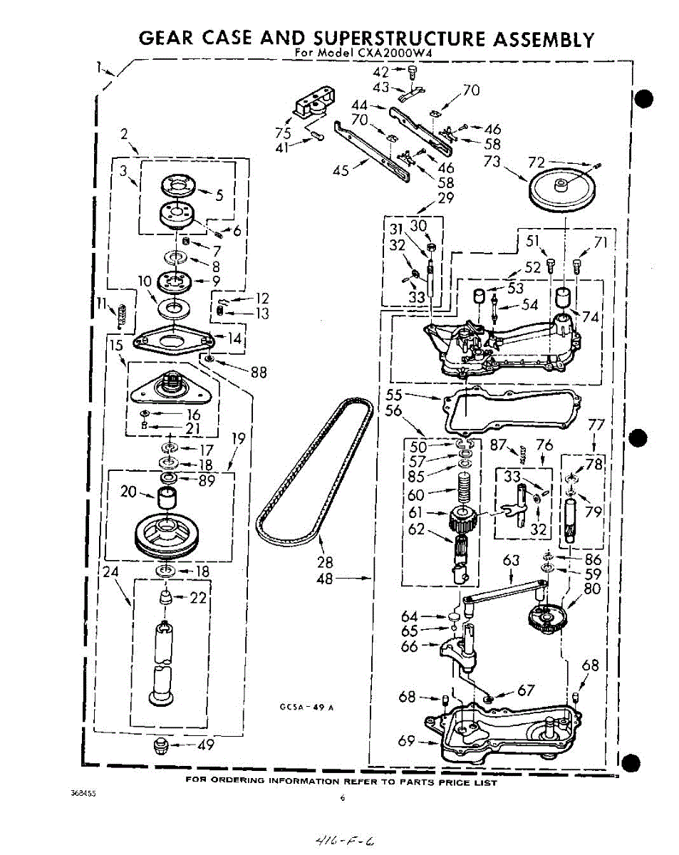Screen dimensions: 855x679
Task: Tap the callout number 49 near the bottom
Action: pyautogui.click(x=206, y=746)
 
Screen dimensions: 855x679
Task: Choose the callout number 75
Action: pyautogui.click(x=283, y=133)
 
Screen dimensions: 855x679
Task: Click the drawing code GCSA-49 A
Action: pyautogui.click(x=306, y=708)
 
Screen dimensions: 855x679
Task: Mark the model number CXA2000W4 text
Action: pyautogui.click(x=392, y=53)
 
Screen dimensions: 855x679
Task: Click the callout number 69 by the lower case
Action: pyautogui.click(x=406, y=742)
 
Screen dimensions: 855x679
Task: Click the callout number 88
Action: pyautogui.click(x=259, y=371)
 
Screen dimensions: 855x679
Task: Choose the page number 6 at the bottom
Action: pyautogui.click(x=342, y=799)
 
